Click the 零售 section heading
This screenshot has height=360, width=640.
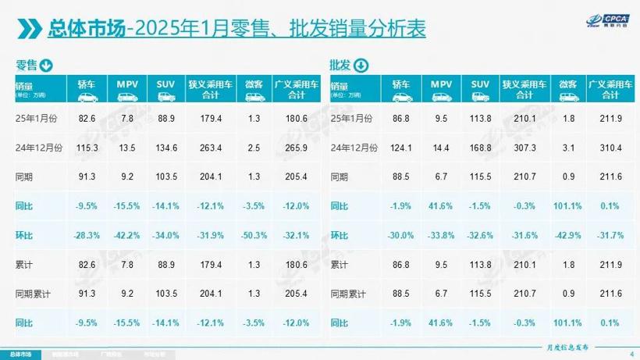pos(26,65)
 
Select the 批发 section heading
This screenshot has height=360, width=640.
pos(340,65)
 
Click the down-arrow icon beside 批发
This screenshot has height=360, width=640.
pos(361,65)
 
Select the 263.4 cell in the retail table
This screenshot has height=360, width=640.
pos(210,147)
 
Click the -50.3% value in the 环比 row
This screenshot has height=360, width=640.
pos(251,236)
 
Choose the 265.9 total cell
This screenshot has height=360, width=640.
pos(292,147)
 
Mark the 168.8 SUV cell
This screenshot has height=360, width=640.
pos(482,147)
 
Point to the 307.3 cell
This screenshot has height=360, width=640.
pos(526,147)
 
